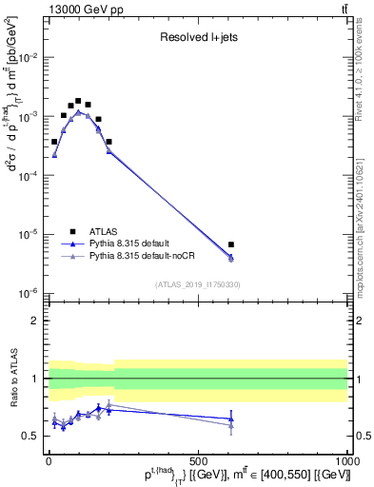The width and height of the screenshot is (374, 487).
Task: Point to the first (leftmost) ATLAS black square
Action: pyautogui.click(x=54, y=142)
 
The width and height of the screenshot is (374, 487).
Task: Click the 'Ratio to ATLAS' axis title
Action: pyautogui.click(x=13, y=379)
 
